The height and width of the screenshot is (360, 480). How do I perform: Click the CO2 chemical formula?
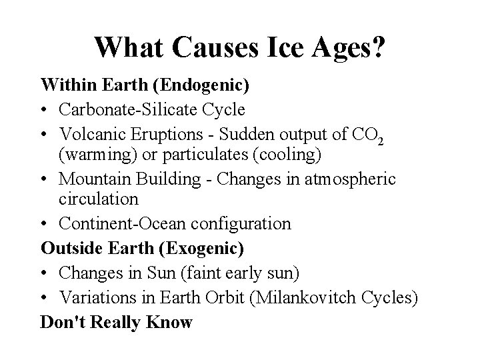coord(367,134)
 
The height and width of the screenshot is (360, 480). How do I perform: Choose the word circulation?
coord(98,199)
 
